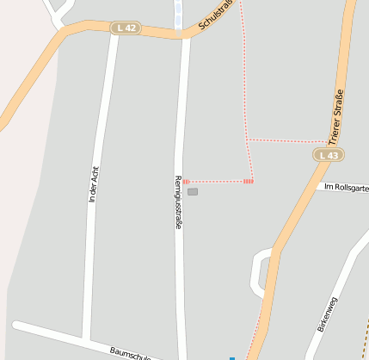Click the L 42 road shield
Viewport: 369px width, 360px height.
(x=125, y=28)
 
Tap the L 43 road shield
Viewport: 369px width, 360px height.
(x=327, y=155)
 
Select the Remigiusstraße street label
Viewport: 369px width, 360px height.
(x=178, y=202)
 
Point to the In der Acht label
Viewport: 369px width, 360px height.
(x=94, y=183)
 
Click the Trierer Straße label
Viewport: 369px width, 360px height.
(x=336, y=114)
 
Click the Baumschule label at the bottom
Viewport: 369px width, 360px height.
(x=130, y=353)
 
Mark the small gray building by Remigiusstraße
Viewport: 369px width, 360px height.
(x=193, y=192)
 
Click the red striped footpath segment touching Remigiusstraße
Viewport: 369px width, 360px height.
(x=186, y=182)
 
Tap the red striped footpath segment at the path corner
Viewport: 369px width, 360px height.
(x=249, y=181)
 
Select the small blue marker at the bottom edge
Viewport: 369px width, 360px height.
(x=231, y=357)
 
